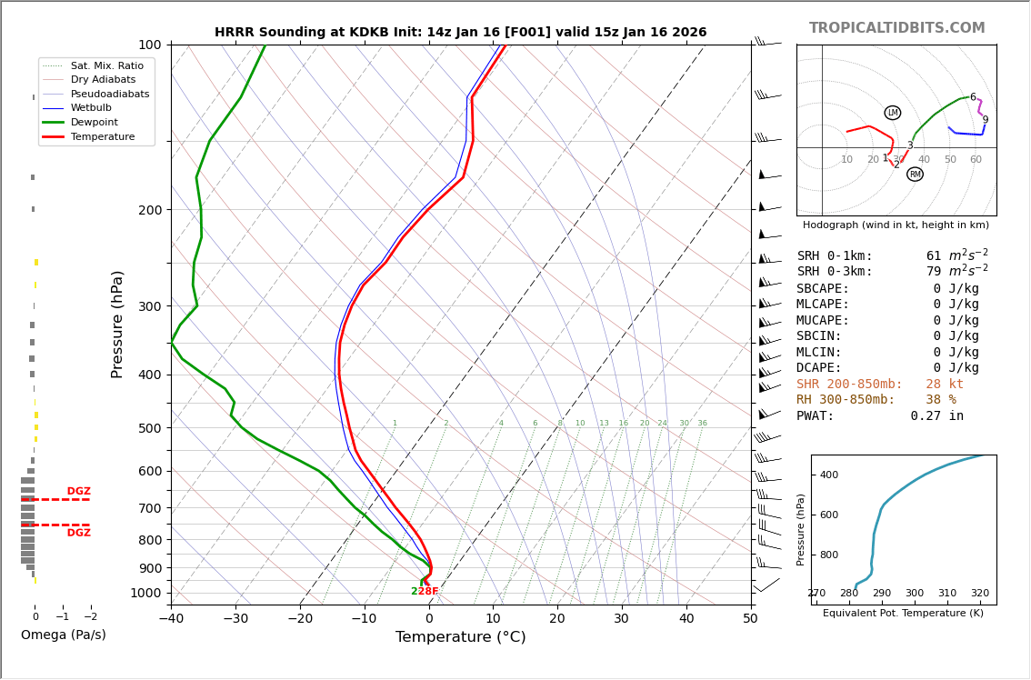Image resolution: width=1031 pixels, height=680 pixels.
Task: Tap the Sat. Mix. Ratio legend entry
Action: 106,65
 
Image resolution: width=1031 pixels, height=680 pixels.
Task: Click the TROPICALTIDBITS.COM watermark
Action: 896,28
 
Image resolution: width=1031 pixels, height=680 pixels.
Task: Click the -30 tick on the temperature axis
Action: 235,619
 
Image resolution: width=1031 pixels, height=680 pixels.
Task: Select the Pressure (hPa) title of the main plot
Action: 117,324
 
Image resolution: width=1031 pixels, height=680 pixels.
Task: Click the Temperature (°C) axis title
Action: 460,637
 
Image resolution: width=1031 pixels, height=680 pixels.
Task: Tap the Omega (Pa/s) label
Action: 63,635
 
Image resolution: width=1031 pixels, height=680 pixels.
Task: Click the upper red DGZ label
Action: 78,492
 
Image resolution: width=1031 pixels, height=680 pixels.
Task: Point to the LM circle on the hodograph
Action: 893,113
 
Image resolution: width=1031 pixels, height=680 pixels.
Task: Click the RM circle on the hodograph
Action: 915,175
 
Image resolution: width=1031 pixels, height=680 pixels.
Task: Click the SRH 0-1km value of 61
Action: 934,256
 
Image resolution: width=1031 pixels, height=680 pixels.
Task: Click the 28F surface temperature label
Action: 428,592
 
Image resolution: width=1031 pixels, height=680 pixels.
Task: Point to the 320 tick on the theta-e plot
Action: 979,594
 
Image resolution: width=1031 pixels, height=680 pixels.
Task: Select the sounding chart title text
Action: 460,33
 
